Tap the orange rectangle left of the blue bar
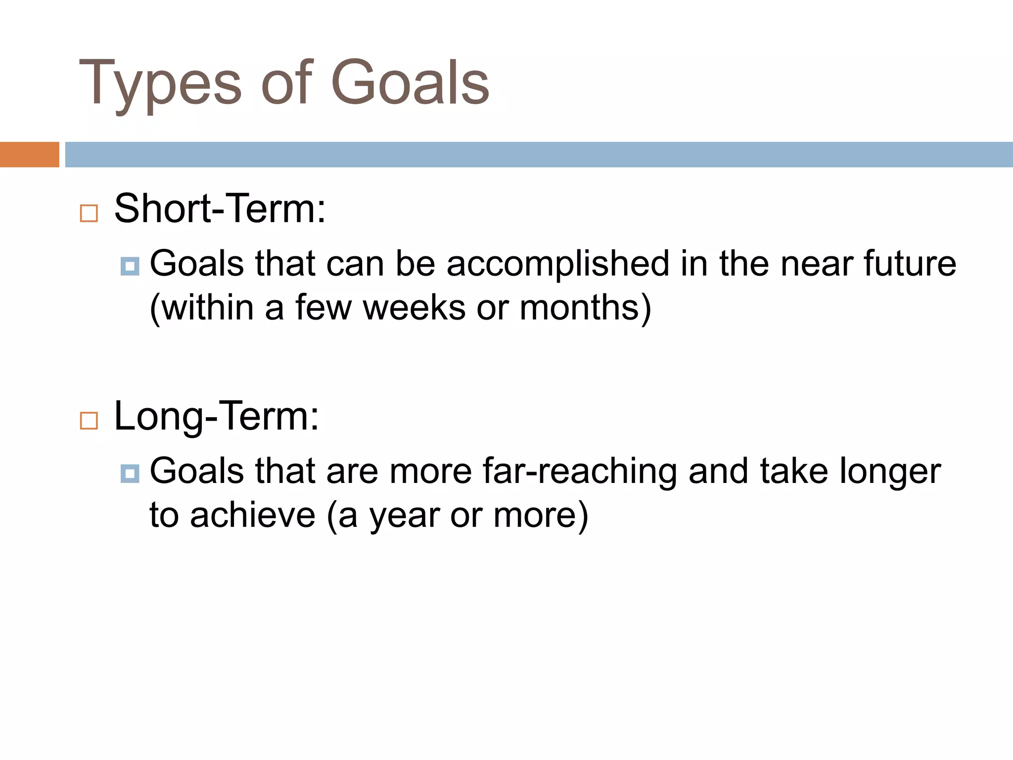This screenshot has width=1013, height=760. pyautogui.click(x=29, y=154)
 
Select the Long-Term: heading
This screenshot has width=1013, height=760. pyautogui.click(x=217, y=417)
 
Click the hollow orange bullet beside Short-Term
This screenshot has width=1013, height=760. pyautogui.click(x=89, y=214)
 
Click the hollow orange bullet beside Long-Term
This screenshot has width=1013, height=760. pyautogui.click(x=89, y=421)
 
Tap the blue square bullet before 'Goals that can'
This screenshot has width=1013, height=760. pyautogui.click(x=130, y=266)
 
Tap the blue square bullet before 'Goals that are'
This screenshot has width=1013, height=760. pyautogui.click(x=130, y=474)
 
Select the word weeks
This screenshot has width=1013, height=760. pyautogui.click(x=414, y=308)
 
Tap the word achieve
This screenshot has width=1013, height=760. pyautogui.click(x=252, y=516)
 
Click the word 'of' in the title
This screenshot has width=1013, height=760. pyautogui.click(x=286, y=83)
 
